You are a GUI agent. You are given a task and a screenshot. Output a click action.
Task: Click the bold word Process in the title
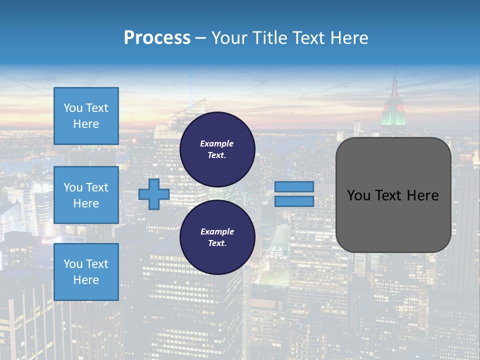coord(157,38)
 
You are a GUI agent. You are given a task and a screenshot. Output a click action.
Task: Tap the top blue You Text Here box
coord(86,116)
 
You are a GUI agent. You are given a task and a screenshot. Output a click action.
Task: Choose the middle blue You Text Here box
coord(86,195)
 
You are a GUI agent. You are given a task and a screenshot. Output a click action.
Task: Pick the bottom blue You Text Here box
coord(86,271)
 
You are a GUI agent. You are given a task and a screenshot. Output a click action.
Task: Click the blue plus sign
coord(154,194)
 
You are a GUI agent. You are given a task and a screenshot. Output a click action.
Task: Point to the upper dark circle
coord(217,149)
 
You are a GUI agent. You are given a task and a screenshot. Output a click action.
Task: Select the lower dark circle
coord(217,237)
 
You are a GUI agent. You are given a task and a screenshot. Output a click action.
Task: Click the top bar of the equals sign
coord(294,187)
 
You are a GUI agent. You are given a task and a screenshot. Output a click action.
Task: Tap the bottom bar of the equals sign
coord(294,201)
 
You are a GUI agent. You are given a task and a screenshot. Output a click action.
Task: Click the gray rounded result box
coord(393,194)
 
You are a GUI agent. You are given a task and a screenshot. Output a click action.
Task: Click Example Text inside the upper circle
coord(217,149)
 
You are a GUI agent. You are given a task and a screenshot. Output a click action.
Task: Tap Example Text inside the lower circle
coord(217,237)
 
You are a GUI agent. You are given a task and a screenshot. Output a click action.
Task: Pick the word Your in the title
coord(228,38)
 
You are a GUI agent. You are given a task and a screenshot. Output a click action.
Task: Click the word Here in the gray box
coord(422,195)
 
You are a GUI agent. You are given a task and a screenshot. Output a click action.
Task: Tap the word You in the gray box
coord(358,195)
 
